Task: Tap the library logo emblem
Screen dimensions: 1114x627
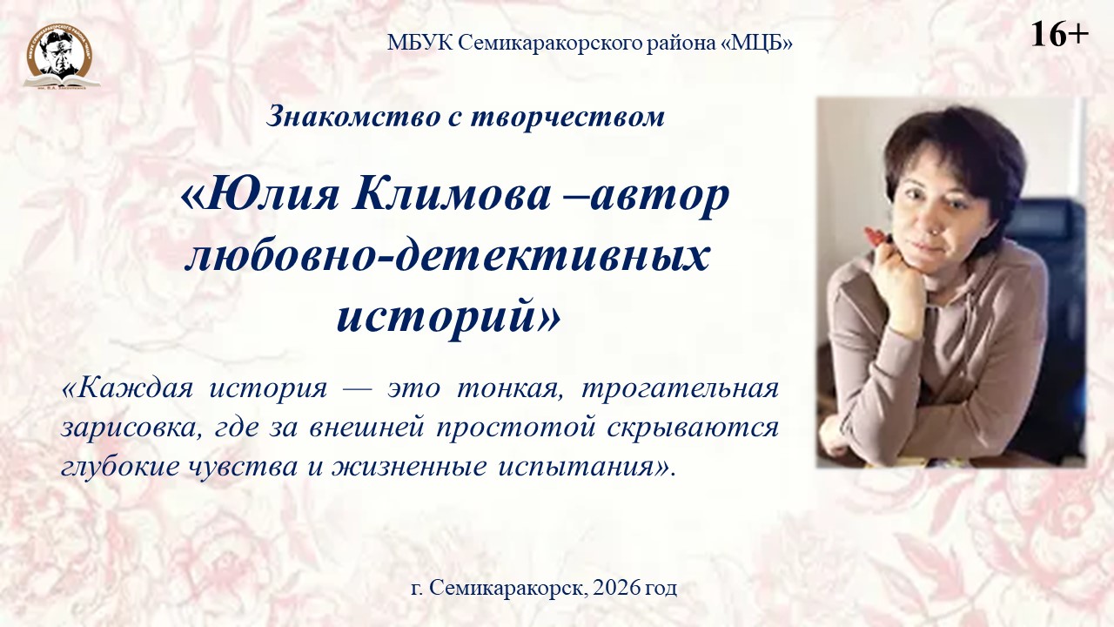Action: coord(61,57)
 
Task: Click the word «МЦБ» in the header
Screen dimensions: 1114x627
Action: coord(756,44)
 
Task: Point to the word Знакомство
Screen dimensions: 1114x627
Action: coord(353,117)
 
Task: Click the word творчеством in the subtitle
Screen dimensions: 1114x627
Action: coord(567,118)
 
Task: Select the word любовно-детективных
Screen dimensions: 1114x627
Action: coord(446,257)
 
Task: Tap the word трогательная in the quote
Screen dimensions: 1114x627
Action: coord(680,389)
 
